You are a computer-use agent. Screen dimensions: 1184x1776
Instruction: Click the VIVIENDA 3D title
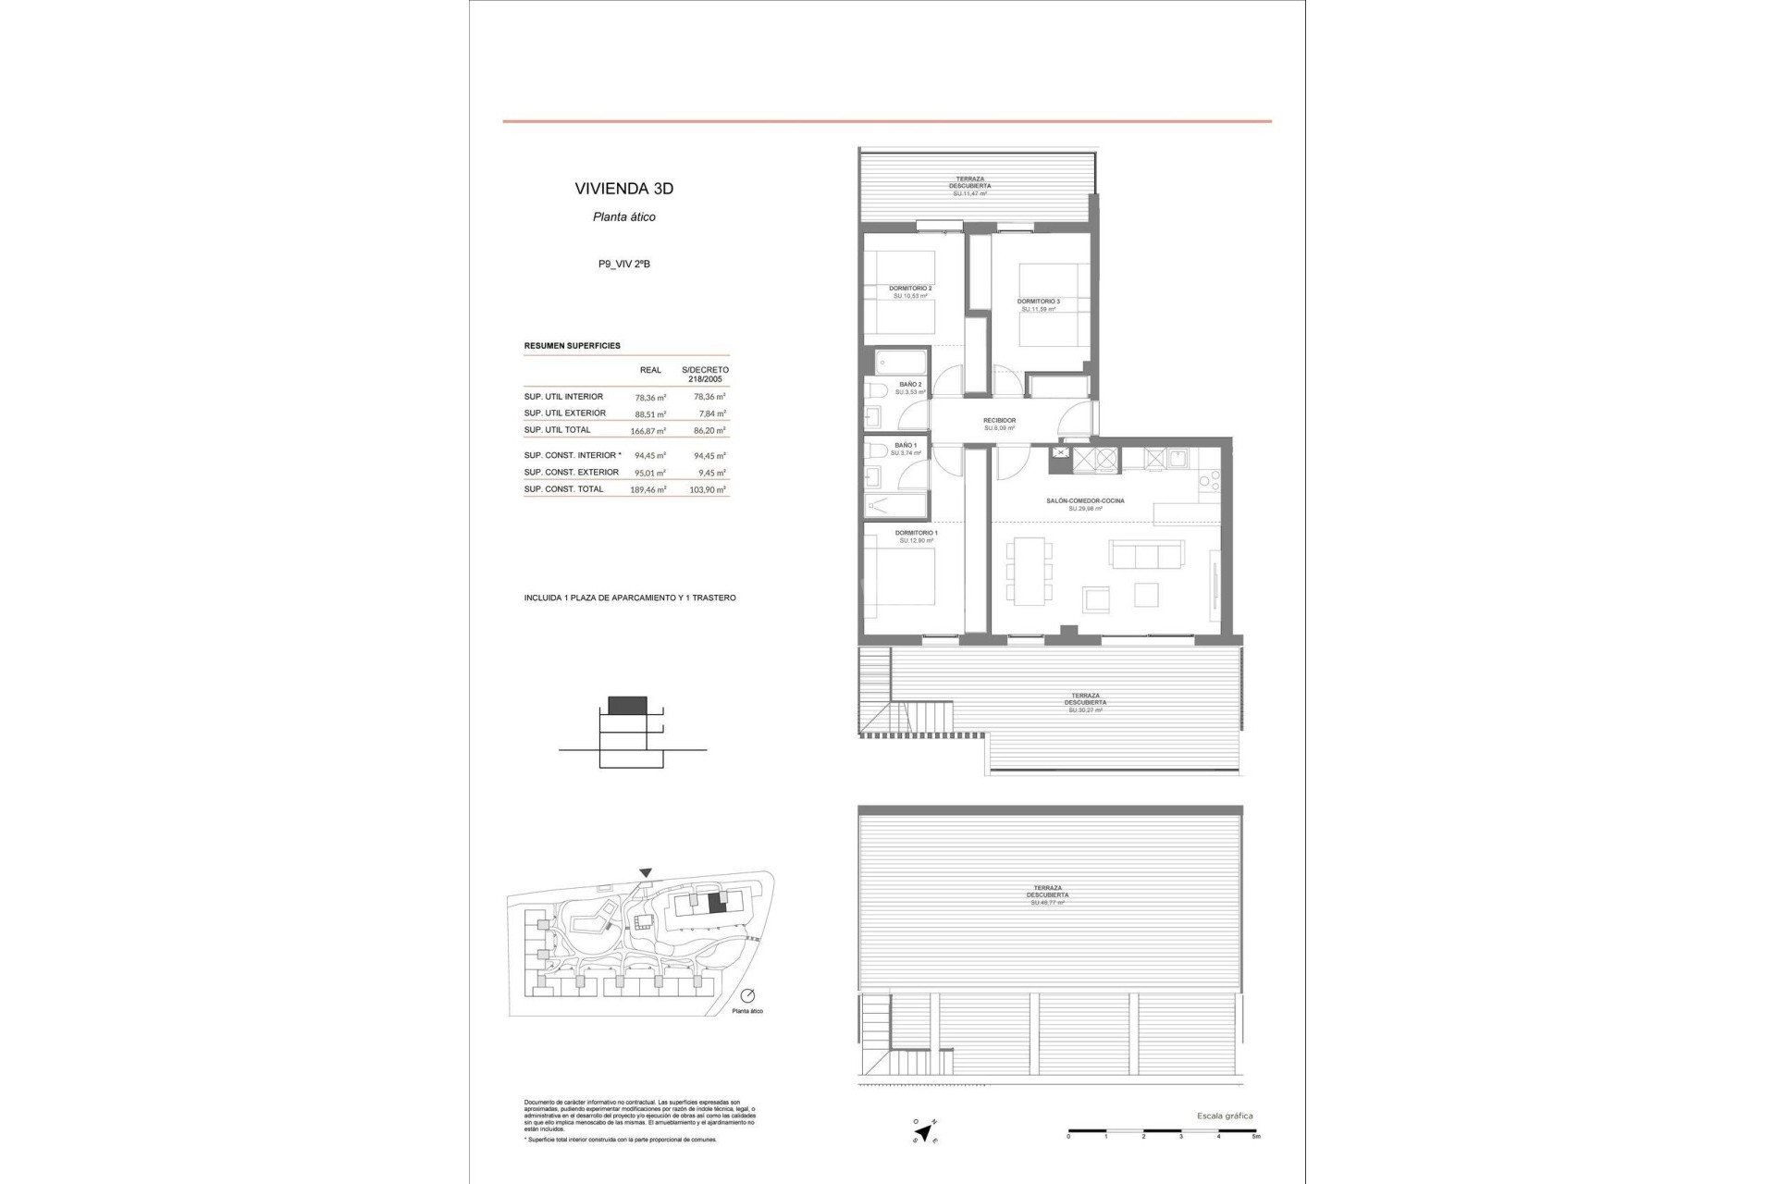[623, 189]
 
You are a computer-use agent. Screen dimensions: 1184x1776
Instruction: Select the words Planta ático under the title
[623, 217]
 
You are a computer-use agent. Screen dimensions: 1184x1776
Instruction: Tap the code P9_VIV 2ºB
[623, 265]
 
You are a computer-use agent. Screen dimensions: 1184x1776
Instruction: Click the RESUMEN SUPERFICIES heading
[572, 346]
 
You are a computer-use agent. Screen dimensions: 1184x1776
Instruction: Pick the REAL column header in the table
[650, 370]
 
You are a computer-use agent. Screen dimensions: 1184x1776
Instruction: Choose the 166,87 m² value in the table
[649, 431]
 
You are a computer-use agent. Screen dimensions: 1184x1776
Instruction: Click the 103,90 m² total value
[709, 490]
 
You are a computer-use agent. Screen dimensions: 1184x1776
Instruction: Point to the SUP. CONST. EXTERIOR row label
[572, 473]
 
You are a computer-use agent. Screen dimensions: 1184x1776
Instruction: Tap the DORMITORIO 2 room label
[911, 289]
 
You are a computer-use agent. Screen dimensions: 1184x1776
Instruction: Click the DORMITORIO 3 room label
[1038, 302]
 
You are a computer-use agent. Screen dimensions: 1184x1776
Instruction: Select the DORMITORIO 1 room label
[916, 533]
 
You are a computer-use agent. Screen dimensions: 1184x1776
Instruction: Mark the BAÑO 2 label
[910, 384]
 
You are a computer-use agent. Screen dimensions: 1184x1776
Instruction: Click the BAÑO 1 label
[906, 446]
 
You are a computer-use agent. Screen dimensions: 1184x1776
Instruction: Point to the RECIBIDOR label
[999, 421]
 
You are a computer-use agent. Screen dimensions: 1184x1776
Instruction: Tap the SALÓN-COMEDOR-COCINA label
[1085, 501]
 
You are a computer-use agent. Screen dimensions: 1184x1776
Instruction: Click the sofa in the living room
[1147, 555]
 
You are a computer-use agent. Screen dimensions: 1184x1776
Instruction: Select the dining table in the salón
[1029, 571]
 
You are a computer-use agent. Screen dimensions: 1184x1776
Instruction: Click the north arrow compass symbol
[923, 1130]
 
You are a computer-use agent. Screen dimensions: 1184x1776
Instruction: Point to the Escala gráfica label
[1225, 1116]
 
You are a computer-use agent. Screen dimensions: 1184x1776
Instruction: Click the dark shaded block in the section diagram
[627, 705]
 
